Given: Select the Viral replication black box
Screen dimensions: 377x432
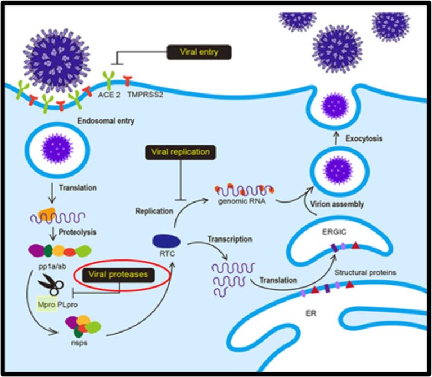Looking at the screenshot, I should [x=179, y=152].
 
